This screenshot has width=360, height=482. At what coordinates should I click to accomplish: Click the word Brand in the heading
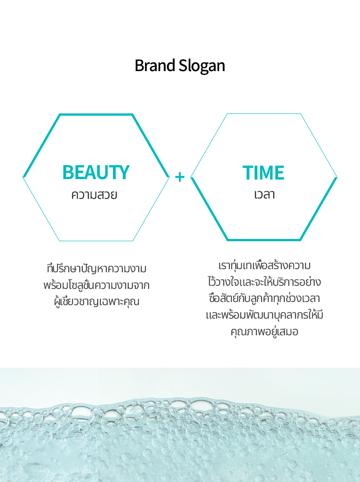pyautogui.click(x=155, y=65)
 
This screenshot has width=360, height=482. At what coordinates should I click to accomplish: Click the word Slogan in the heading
pyautogui.click(x=202, y=66)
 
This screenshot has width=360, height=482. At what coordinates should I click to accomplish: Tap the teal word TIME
pyautogui.click(x=263, y=172)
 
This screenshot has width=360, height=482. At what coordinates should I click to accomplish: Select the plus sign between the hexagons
pyautogui.click(x=180, y=177)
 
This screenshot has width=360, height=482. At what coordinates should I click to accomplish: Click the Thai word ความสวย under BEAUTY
pyautogui.click(x=94, y=195)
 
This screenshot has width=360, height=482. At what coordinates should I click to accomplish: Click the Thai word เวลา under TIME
pyautogui.click(x=265, y=194)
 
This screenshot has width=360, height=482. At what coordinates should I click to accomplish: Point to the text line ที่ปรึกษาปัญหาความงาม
pyautogui.click(x=97, y=268)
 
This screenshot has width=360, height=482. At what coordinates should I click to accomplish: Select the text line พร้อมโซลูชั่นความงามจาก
pyautogui.click(x=97, y=285)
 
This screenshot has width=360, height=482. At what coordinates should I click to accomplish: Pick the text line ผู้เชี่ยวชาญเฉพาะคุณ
pyautogui.click(x=97, y=301)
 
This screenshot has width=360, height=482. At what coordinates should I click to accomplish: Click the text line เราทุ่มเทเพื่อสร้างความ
pyautogui.click(x=265, y=265)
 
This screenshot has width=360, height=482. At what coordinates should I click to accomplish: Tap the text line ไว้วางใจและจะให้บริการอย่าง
pyautogui.click(x=265, y=282)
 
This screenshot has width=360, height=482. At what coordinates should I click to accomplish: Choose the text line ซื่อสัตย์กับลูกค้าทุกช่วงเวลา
pyautogui.click(x=265, y=298)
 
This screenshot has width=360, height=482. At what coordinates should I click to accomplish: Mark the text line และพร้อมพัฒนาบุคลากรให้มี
pyautogui.click(x=265, y=315)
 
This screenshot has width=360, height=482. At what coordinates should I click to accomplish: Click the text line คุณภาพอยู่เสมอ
pyautogui.click(x=265, y=332)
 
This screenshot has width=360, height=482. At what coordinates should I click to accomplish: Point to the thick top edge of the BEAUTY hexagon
pyautogui.click(x=96, y=115)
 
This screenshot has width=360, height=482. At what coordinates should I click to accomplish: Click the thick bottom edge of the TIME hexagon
pyautogui.click(x=264, y=240)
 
